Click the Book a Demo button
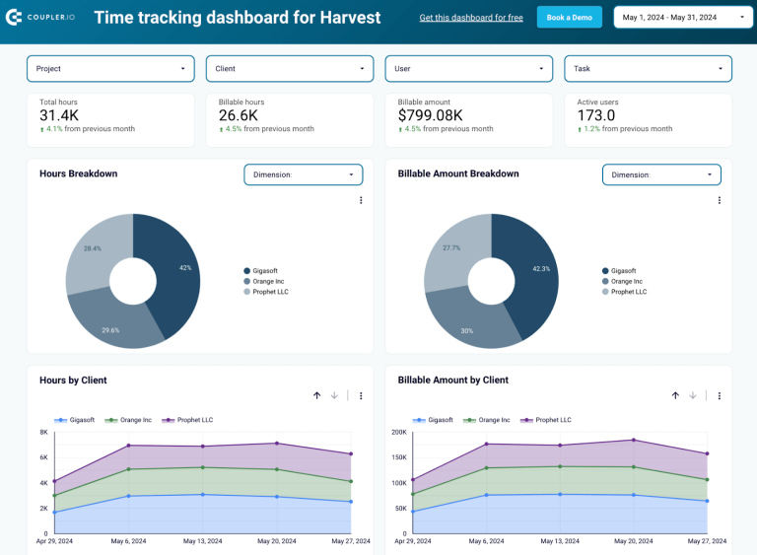pyautogui.click(x=570, y=17)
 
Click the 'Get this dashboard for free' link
pyautogui.click(x=471, y=18)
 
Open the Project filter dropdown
pyautogui.click(x=110, y=68)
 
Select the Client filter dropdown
pyautogui.click(x=290, y=68)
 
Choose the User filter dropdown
pyautogui.click(x=469, y=68)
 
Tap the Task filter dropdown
pyautogui.click(x=649, y=68)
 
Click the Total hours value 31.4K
pyautogui.click(x=59, y=116)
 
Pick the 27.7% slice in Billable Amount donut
pyautogui.click(x=452, y=248)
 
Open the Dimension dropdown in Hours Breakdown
pyautogui.click(x=304, y=174)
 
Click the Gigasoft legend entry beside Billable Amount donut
pyautogui.click(x=623, y=271)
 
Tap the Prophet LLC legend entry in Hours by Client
pyautogui.click(x=194, y=420)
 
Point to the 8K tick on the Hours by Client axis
pyautogui.click(x=43, y=433)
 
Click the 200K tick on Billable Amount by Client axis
pyautogui.click(x=399, y=433)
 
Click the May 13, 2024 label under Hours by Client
pyautogui.click(x=202, y=541)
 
